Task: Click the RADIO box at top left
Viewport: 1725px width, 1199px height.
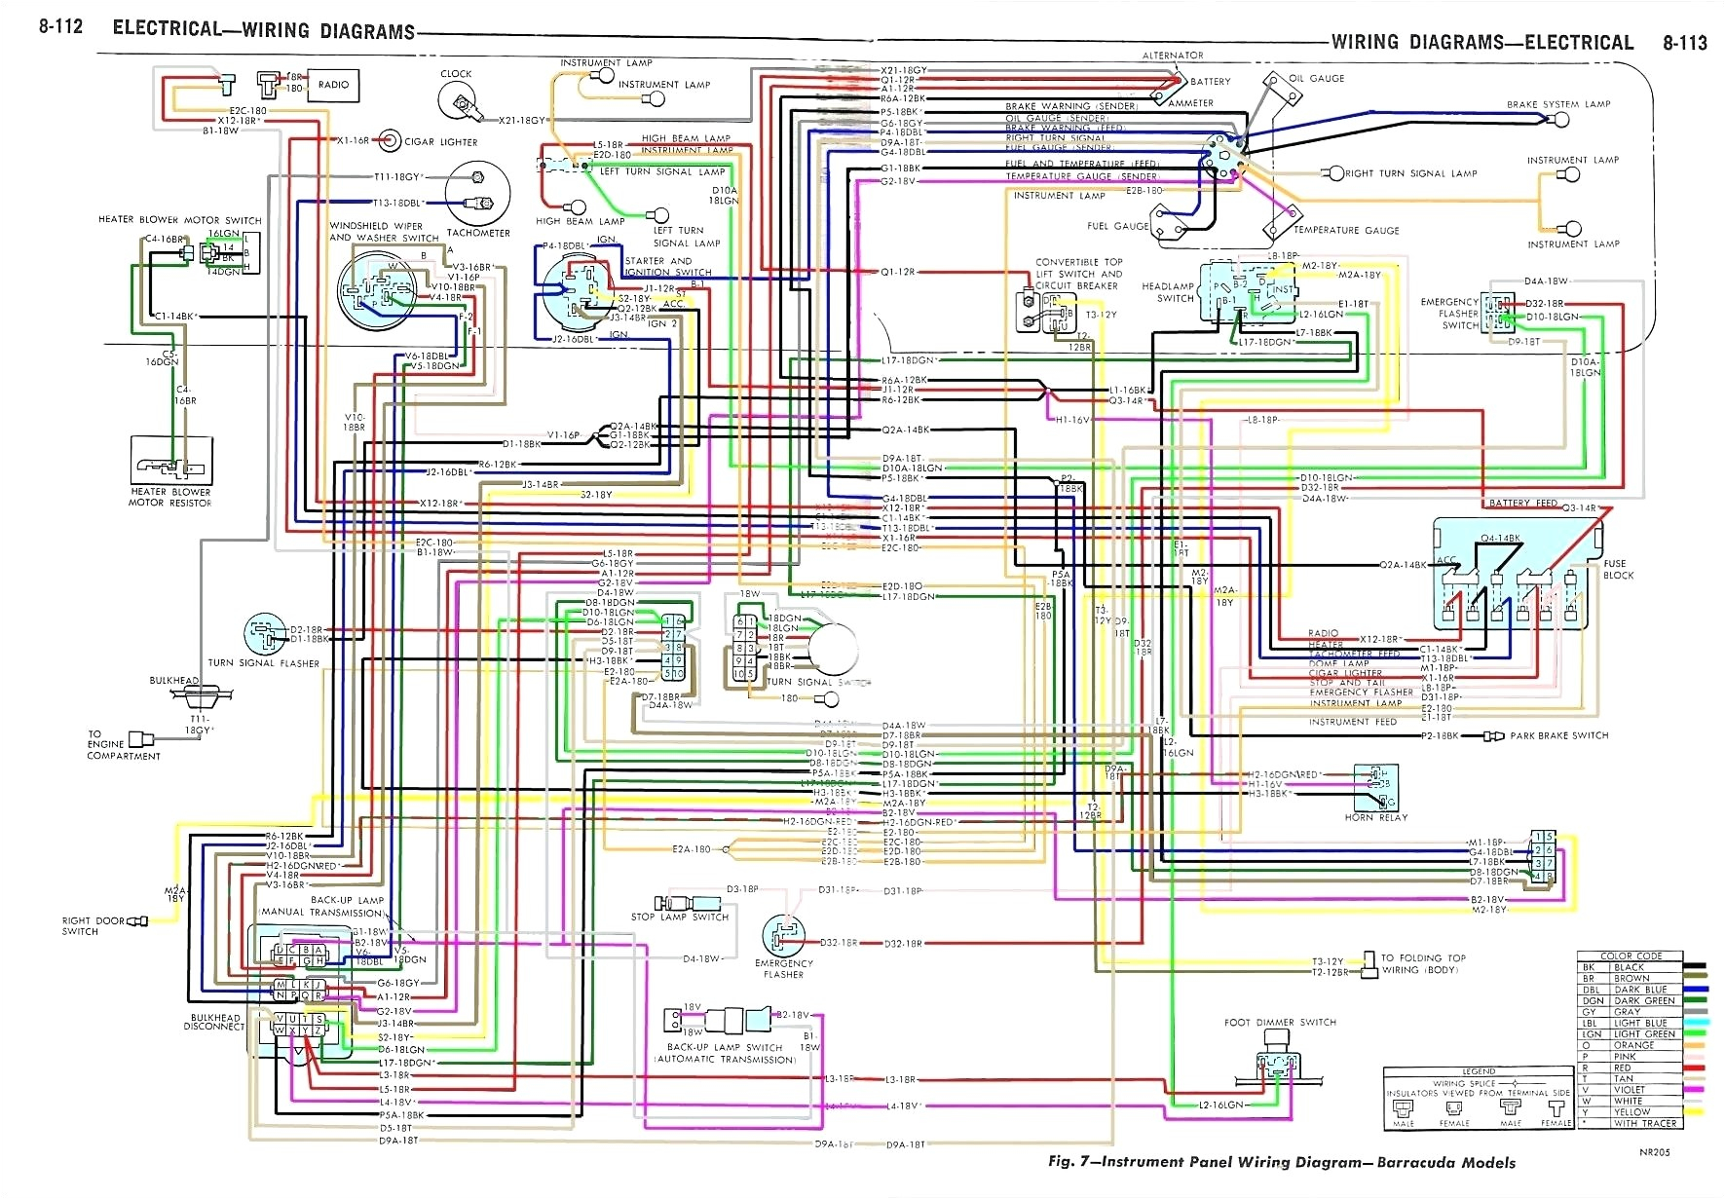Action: [x=332, y=85]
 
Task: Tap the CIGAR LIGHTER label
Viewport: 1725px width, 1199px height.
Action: [x=441, y=142]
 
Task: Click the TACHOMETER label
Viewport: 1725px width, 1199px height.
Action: [x=477, y=234]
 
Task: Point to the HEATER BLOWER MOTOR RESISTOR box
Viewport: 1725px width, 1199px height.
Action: [x=171, y=460]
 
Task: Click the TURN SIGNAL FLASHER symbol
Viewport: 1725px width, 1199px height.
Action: [x=264, y=635]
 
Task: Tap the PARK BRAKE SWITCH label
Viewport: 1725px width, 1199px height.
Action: [x=1558, y=735]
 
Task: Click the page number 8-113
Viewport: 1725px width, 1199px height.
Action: [x=1684, y=43]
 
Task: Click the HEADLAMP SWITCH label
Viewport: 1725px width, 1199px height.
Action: [x=1168, y=292]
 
